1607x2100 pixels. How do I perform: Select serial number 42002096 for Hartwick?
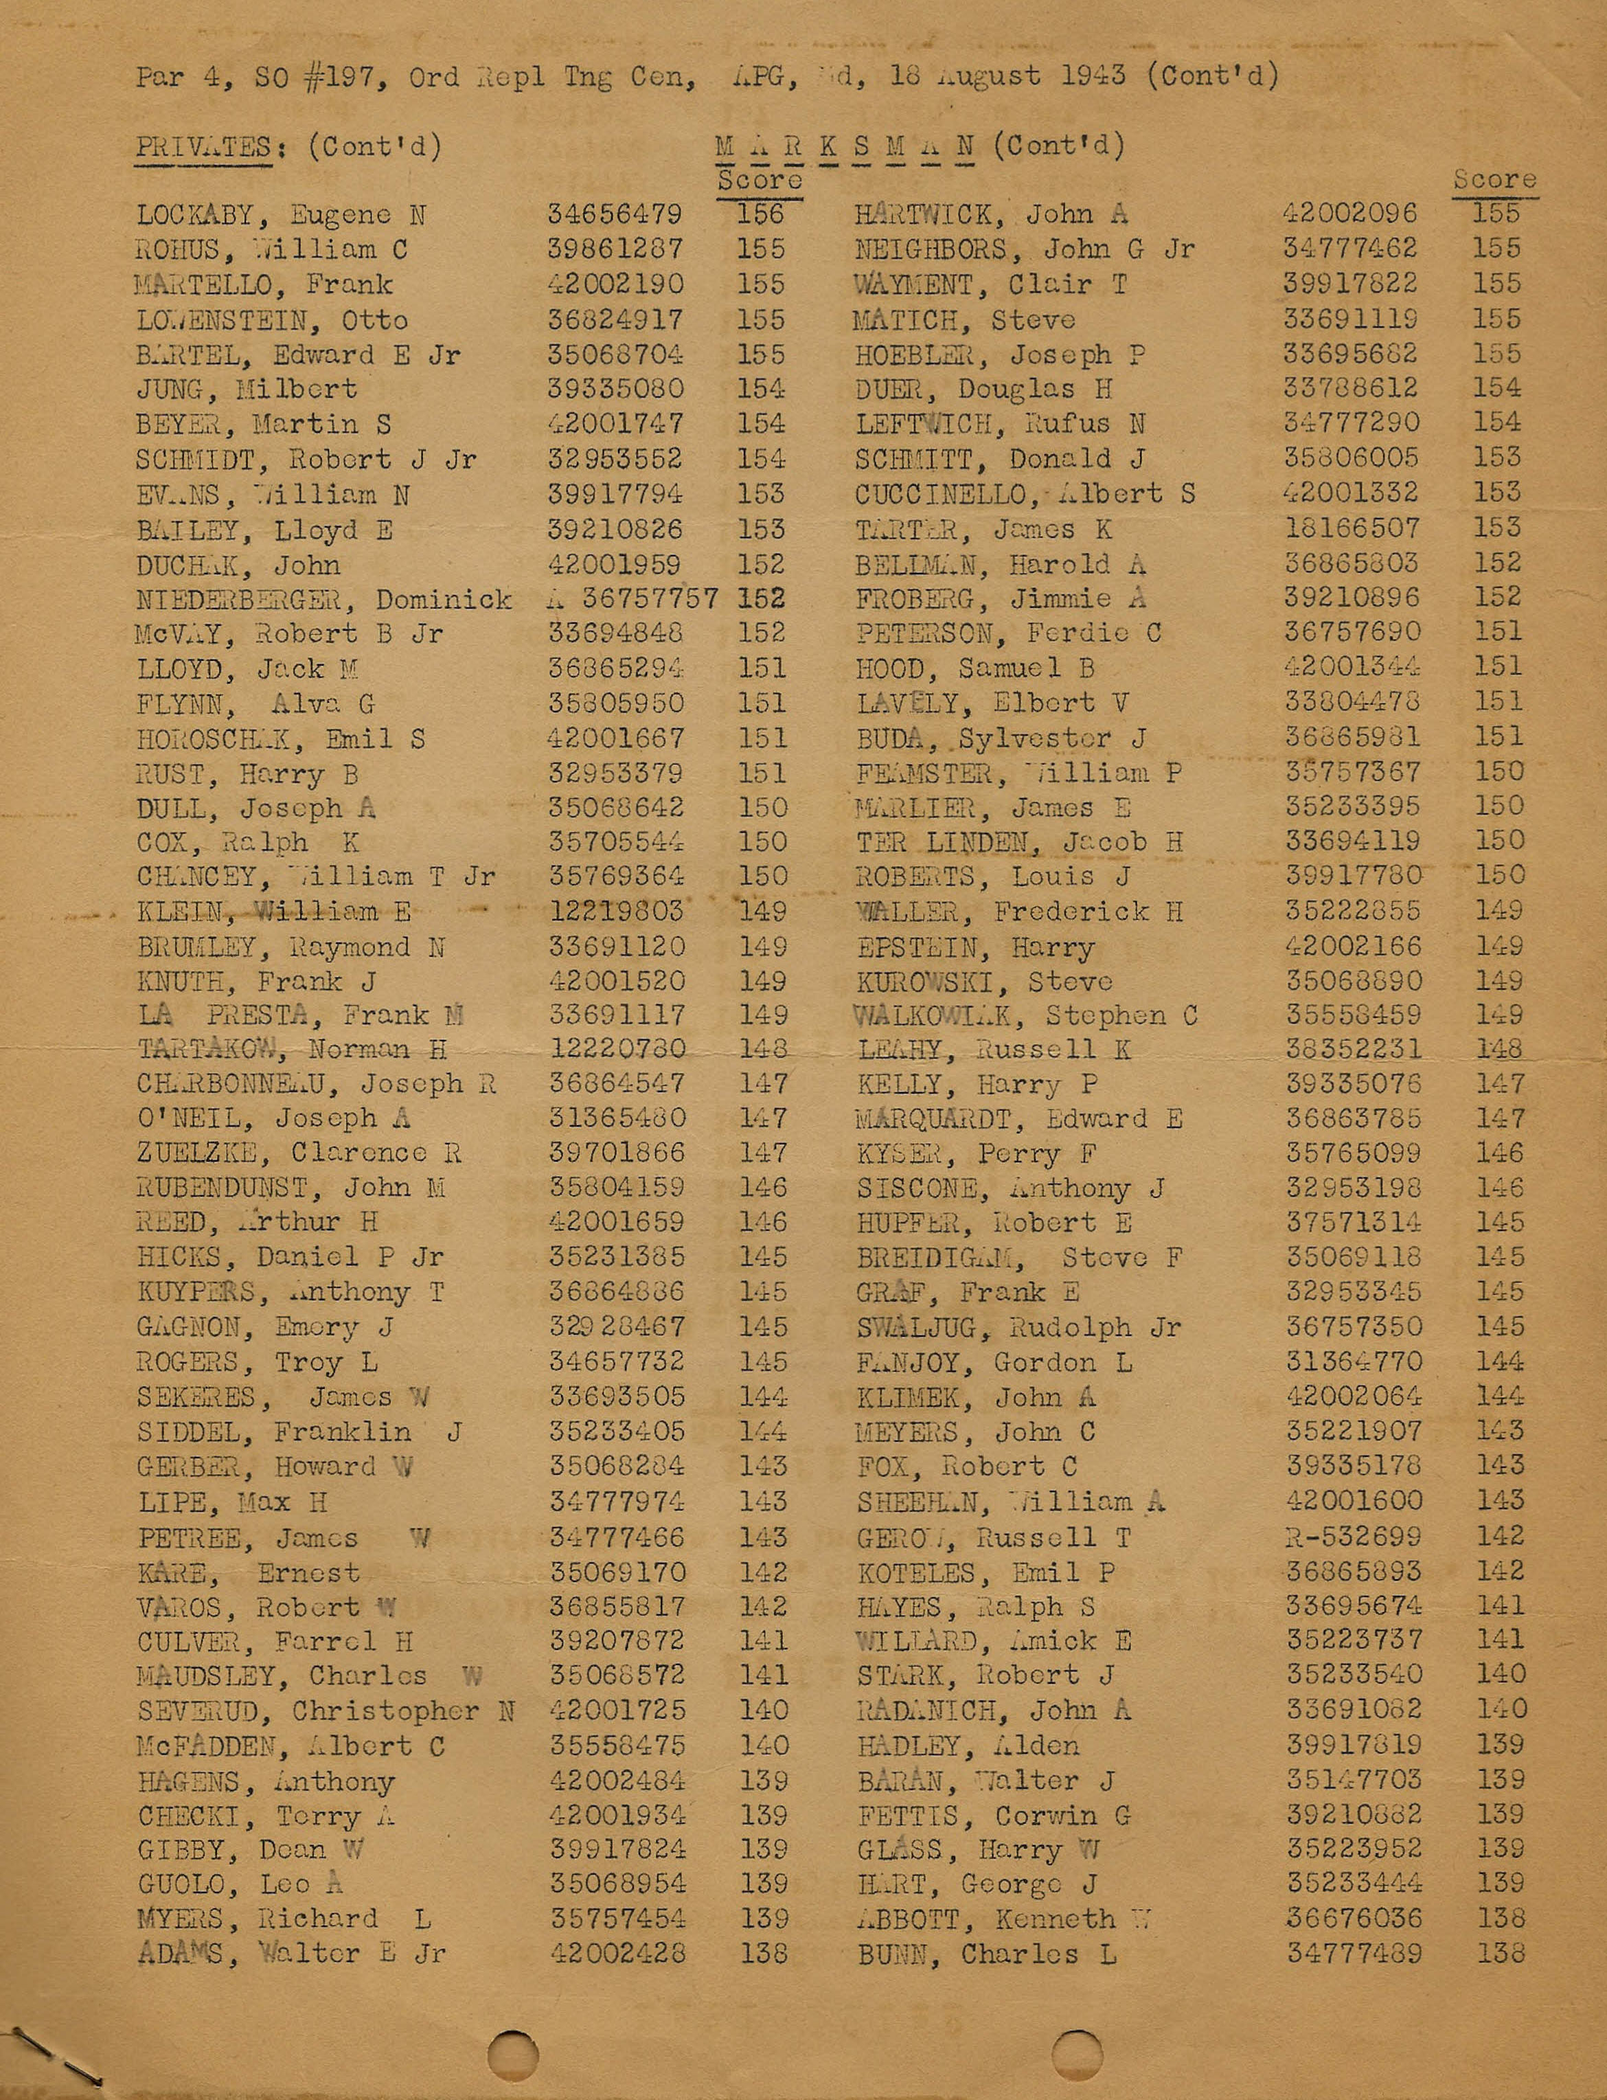tap(1349, 214)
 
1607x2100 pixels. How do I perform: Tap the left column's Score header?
tap(760, 180)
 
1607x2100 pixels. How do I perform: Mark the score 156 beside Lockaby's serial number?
tap(760, 214)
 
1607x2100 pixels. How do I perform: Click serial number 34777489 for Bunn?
tap(1354, 1953)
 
